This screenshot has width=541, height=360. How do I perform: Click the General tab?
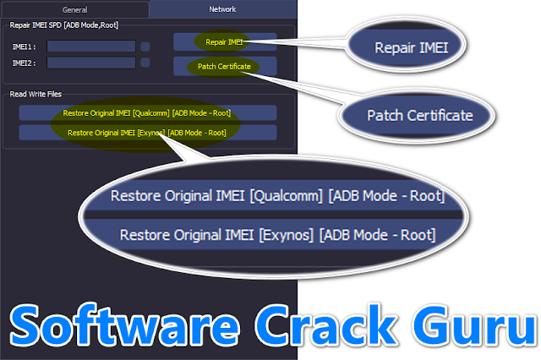point(74,9)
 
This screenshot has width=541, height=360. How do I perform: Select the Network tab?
point(222,9)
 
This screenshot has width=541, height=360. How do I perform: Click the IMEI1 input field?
point(91,46)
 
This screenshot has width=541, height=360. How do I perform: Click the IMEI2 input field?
point(91,63)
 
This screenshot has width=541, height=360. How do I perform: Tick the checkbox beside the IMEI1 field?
point(145,46)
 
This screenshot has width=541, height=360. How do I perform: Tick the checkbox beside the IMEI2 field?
point(145,63)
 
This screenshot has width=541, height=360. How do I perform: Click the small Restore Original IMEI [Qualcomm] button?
point(147,113)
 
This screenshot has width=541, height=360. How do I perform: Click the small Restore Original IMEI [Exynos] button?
point(147,133)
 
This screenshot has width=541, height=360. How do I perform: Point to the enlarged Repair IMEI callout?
point(412,49)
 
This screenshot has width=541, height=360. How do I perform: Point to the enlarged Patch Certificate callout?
point(419,114)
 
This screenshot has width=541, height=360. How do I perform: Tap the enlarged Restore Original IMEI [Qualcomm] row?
point(277,196)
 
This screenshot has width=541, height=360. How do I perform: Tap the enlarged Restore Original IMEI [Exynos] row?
point(277,234)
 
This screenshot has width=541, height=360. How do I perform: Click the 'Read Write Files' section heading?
point(36,94)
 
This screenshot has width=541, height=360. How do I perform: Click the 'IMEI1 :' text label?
point(23,46)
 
